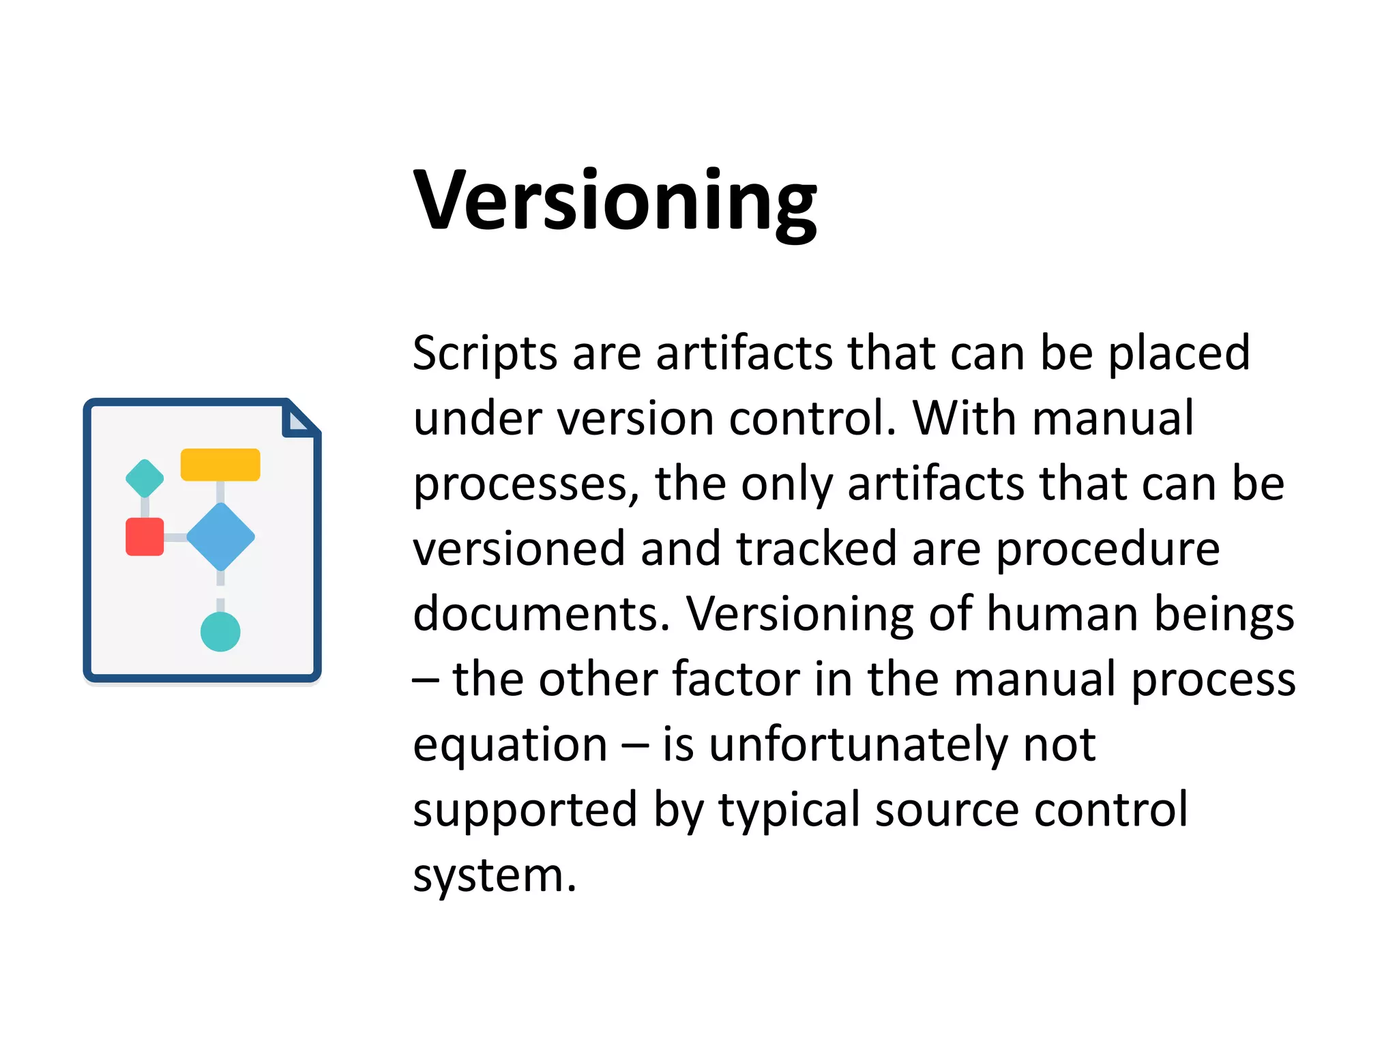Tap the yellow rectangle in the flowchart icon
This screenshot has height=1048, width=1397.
(220, 465)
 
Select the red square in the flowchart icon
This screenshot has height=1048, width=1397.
(145, 537)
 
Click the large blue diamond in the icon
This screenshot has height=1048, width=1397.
(220, 537)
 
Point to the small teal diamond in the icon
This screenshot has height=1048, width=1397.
(145, 478)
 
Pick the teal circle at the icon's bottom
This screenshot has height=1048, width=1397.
(220, 631)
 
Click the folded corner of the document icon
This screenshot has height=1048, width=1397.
(299, 420)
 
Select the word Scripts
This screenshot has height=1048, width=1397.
(485, 355)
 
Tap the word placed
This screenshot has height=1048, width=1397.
(1178, 355)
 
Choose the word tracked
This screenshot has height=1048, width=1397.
(815, 549)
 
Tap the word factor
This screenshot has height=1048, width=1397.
(735, 679)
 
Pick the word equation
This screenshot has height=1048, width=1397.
(510, 745)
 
